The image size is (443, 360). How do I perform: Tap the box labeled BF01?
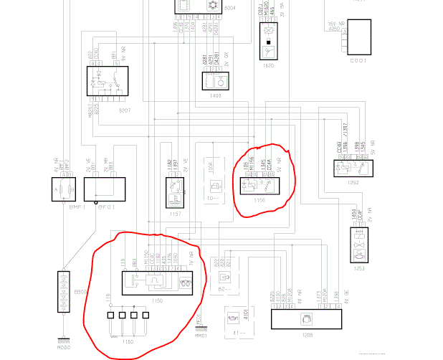(x=100, y=189)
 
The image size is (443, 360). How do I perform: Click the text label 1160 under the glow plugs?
(x=128, y=341)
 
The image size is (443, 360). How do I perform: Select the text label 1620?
(x=269, y=65)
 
